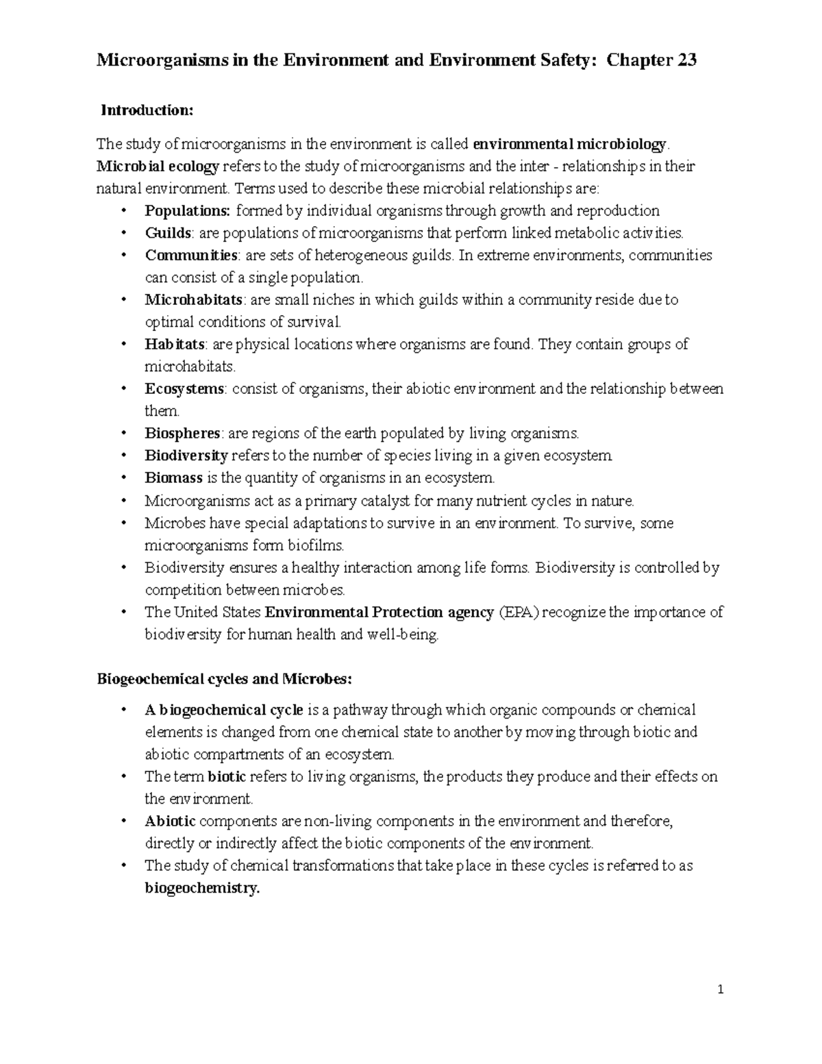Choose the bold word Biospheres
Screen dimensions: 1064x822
pos(182,434)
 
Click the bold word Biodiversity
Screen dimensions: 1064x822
pos(186,456)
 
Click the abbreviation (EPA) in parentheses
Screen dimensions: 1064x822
pos(519,613)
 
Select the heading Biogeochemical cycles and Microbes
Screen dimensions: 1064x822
pos(225,680)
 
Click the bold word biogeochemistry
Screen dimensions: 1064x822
pos(202,889)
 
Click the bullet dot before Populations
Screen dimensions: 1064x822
pos(123,212)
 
